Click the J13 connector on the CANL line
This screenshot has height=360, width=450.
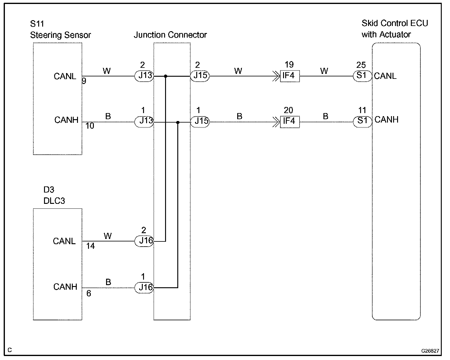144,76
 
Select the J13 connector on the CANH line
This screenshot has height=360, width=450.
144,122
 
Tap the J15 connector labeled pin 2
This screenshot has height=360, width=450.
200,76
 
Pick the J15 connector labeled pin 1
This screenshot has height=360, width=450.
200,122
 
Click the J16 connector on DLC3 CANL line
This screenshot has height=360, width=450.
144,241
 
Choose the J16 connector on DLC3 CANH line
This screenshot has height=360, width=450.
144,288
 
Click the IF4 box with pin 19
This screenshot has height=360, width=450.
290,76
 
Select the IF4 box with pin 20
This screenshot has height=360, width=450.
290,122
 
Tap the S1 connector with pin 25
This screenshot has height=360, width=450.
363,76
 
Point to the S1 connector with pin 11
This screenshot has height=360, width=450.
363,122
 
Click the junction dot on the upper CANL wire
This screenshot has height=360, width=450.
166,76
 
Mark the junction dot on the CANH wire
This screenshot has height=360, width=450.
178,122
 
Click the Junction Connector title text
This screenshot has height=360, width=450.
170,35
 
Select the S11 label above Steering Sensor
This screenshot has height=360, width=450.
37,24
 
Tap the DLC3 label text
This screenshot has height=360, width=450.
54,201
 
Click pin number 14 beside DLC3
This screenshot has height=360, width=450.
90,246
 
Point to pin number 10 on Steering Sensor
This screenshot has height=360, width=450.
90,126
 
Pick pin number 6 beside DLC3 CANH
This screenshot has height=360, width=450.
89,293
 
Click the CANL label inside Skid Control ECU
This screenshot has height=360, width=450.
385,76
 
